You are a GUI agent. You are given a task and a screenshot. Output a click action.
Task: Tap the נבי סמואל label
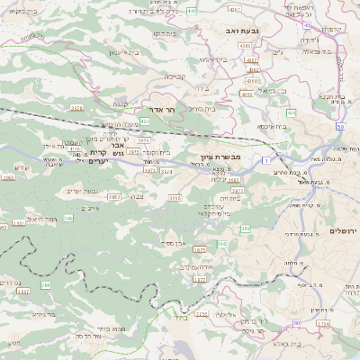(x=271, y=90)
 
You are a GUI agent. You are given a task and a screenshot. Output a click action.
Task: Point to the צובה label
(x=136, y=196)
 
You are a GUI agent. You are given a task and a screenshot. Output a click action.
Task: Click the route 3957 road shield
(x=112, y=194)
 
